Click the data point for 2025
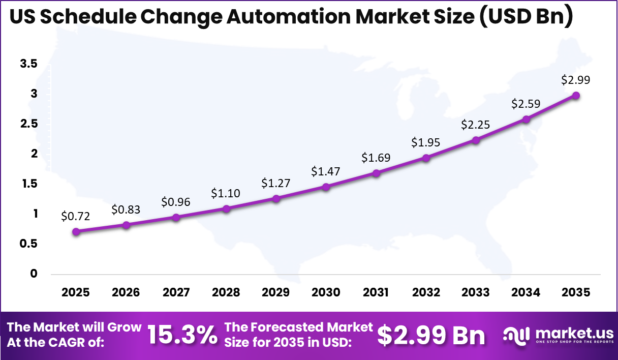tap(76, 231)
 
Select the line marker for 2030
tap(326, 187)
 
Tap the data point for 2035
tap(576, 95)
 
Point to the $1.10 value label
tap(226, 193)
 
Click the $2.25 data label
tap(475, 125)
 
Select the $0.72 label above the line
tap(76, 216)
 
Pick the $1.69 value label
tap(376, 158)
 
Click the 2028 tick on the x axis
tap(226, 292)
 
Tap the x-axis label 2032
tap(426, 292)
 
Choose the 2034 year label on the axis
tap(526, 292)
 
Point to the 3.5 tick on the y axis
tap(28, 64)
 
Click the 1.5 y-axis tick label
tap(28, 184)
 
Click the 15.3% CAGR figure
tap(182, 335)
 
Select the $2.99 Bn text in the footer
tap(431, 335)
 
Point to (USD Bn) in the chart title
tap(527, 17)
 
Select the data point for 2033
tap(476, 140)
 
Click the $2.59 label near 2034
tap(526, 104)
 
